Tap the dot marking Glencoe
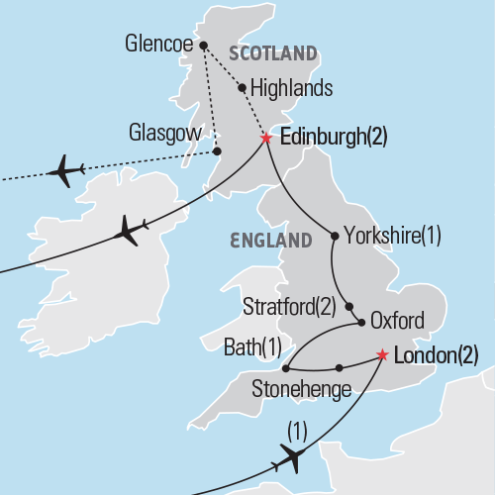[x=203, y=45]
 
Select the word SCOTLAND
[x=273, y=52]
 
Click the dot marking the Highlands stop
[x=243, y=87]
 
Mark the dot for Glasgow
[x=217, y=151]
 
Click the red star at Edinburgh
[x=266, y=139]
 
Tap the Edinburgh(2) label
[x=334, y=138]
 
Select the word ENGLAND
[x=269, y=240]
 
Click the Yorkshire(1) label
[x=392, y=236]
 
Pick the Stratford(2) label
[x=290, y=306]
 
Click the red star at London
[x=382, y=354]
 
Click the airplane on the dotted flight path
[x=65, y=170]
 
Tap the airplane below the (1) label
[x=293, y=457]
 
